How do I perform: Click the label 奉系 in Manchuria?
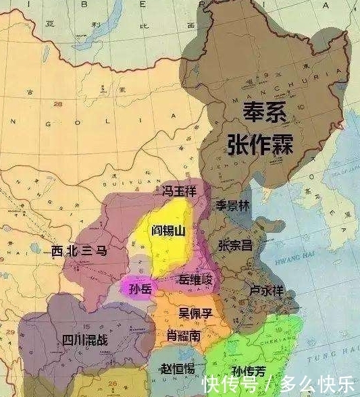click(x=265, y=111)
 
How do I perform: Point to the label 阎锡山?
click(x=169, y=231)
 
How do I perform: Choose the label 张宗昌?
click(x=236, y=246)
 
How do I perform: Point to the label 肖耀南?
click(x=183, y=336)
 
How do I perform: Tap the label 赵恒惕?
click(x=178, y=369)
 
